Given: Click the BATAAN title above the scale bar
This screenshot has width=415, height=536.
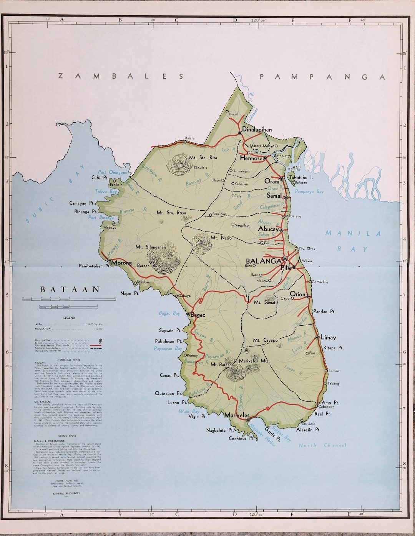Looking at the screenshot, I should pyautogui.click(x=70, y=290).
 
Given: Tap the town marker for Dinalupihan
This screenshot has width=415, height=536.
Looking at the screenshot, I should pyautogui.click(x=240, y=133).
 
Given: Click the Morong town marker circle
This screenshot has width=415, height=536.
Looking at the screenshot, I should pyautogui.click(x=109, y=260).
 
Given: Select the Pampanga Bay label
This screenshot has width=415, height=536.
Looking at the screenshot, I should pyautogui.click(x=309, y=191).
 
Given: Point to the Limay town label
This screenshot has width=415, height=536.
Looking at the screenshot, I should pyautogui.click(x=328, y=338).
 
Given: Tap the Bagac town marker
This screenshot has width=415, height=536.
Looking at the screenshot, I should pyautogui.click(x=188, y=314).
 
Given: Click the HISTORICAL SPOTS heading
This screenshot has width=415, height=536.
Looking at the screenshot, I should pyautogui.click(x=67, y=360).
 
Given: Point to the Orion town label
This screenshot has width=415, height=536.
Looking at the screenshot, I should pyautogui.click(x=298, y=294).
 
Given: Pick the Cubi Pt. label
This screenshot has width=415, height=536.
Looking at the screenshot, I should pyautogui.click(x=100, y=178).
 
